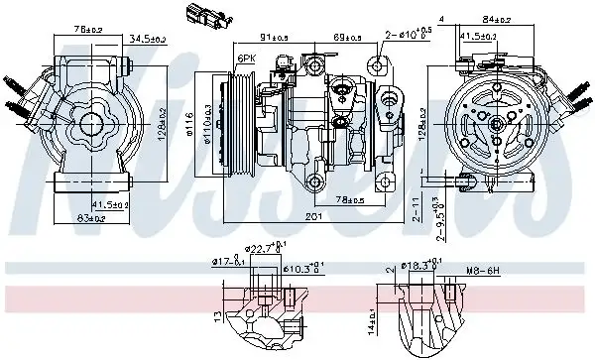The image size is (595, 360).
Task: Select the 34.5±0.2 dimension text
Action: (146, 39)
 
